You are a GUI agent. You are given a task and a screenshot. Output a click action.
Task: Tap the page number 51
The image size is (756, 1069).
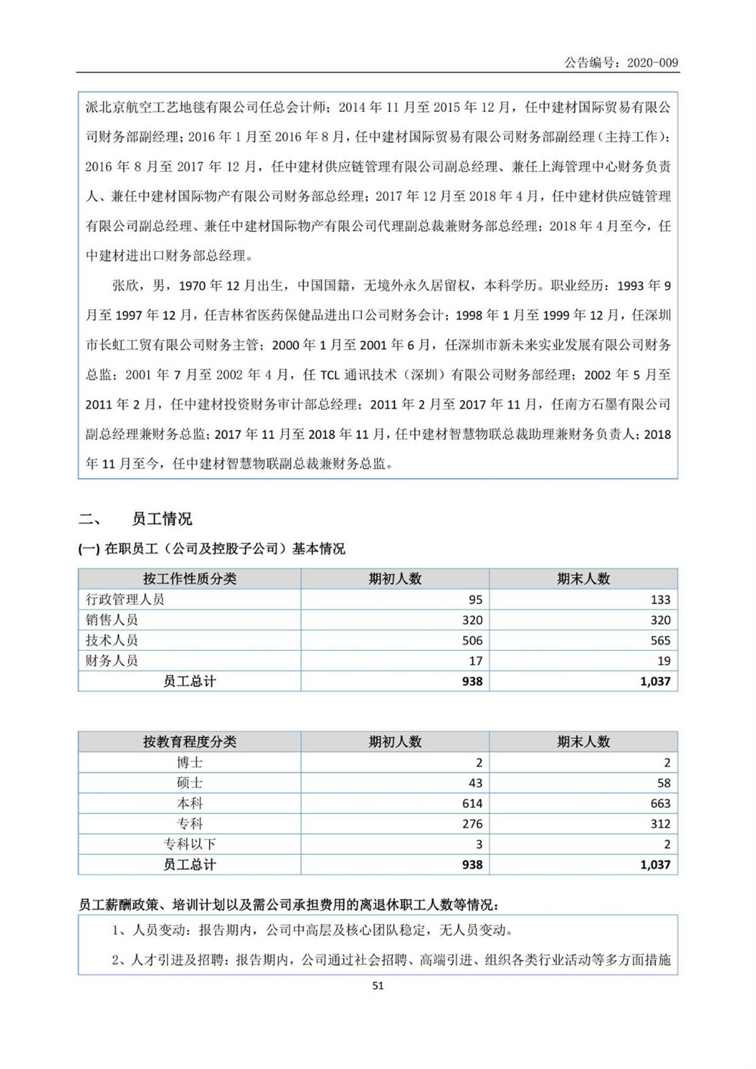pos(378,985)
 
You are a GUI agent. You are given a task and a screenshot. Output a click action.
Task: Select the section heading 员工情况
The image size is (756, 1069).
pos(162,519)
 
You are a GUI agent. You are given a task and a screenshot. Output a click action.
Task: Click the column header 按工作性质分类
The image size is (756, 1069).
pos(190,579)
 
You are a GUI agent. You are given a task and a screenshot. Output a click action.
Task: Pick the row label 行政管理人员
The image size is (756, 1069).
pos(125,599)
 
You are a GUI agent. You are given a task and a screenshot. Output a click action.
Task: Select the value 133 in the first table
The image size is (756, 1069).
pos(660,600)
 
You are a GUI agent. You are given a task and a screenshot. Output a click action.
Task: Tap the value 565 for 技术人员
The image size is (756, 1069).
pos(660,641)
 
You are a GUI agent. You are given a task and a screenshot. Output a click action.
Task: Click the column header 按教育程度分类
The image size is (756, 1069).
pos(190,741)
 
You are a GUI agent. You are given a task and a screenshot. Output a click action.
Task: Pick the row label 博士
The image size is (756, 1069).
pos(190,762)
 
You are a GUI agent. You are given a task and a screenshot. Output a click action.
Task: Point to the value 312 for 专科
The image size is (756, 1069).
pos(660,824)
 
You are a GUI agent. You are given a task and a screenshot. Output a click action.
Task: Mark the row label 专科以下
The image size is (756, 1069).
pos(190,844)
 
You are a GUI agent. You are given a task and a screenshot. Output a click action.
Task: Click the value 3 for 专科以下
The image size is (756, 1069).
pos(479,844)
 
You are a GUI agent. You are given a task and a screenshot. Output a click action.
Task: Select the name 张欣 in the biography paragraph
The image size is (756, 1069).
pos(125,285)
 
